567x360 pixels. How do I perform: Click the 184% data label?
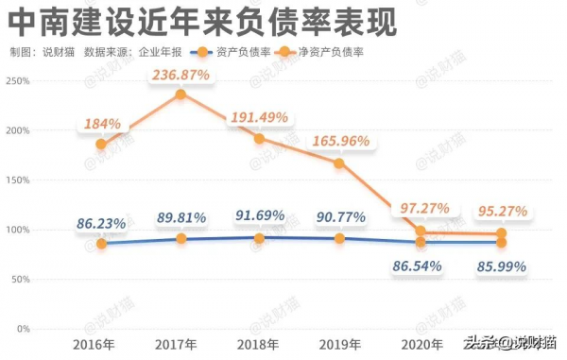pos(101,124)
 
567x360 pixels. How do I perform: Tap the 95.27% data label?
pos(502,211)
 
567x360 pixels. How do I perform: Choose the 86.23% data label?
pos(100,224)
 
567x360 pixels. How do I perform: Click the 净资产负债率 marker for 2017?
pos(180,94)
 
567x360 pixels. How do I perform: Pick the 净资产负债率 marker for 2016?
pos(100,145)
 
